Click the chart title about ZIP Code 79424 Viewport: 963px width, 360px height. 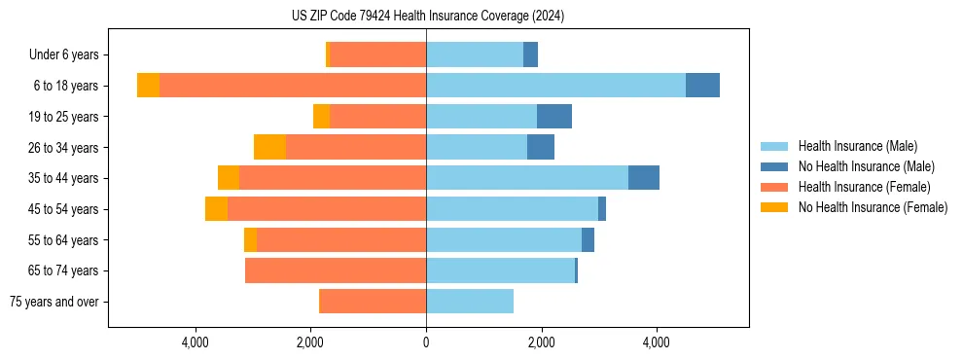point(427,17)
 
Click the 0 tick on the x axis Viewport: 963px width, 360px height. point(426,342)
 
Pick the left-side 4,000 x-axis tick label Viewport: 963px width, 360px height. point(196,342)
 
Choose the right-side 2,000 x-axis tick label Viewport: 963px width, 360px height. point(541,342)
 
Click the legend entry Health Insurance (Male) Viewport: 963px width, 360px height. point(857,146)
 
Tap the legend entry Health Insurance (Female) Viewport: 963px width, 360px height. point(864,187)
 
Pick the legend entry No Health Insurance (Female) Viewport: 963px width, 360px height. point(873,207)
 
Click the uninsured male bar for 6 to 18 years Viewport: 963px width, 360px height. point(702,86)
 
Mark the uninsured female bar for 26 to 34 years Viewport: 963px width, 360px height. point(269,147)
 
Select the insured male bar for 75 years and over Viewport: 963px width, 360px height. point(470,302)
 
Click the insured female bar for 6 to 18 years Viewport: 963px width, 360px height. point(292,86)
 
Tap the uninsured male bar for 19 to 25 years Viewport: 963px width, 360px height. point(554,117)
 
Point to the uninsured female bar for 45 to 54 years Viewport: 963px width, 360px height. point(216,209)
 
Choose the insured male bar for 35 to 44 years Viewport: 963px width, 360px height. point(527,178)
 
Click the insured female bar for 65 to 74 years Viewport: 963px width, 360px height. point(336,270)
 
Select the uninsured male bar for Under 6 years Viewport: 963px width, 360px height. point(530,54)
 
